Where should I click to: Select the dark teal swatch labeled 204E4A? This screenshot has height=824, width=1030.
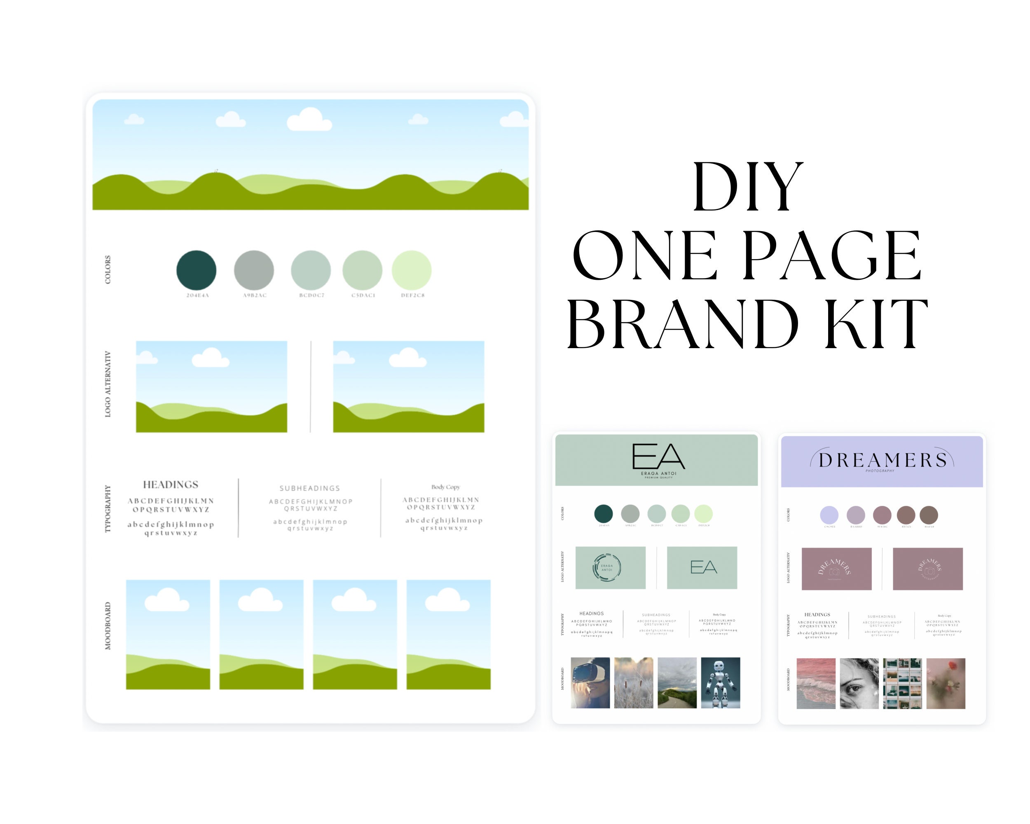pos(197,270)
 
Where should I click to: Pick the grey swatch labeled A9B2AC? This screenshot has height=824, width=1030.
pos(254,270)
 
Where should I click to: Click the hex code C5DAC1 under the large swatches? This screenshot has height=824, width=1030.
pos(363,295)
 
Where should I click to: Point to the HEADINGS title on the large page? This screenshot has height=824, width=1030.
pos(171,485)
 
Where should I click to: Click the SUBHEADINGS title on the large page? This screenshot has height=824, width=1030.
pos(309,488)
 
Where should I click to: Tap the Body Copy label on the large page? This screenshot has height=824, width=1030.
pos(445,487)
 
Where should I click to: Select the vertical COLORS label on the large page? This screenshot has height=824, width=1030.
pos(108,269)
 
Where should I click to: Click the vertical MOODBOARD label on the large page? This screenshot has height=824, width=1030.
pos(108,626)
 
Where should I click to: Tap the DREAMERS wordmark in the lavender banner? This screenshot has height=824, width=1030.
pos(883,460)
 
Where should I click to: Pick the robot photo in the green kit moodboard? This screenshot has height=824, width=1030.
pos(721,683)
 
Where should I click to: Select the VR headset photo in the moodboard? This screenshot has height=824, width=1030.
pos(590,683)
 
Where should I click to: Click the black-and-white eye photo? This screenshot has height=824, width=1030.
pos(859,684)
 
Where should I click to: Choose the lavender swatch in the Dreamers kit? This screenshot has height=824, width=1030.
pos(829,515)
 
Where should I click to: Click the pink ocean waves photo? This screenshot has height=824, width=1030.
pos(816,684)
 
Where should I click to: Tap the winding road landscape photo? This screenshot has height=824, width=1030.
pos(677,683)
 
